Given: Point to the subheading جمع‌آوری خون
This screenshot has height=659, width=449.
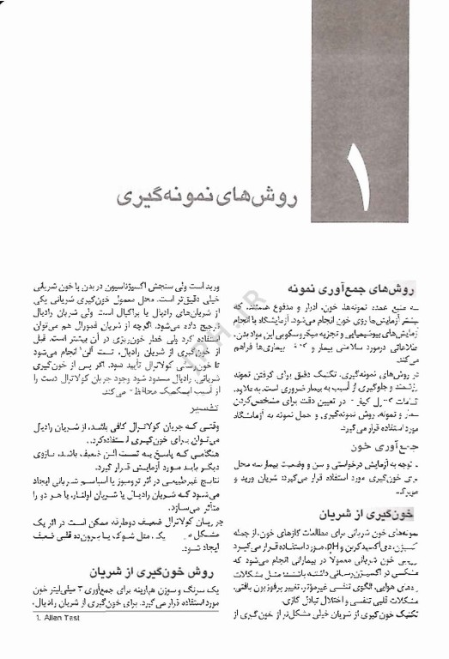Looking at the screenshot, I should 386,448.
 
